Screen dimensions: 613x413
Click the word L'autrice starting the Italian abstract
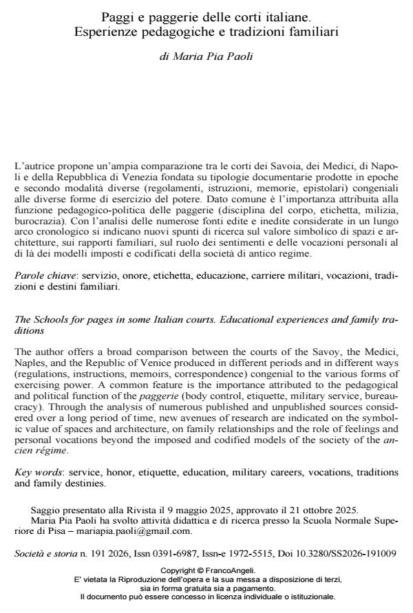click(32, 167)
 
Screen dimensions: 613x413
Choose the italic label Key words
click(35, 473)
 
